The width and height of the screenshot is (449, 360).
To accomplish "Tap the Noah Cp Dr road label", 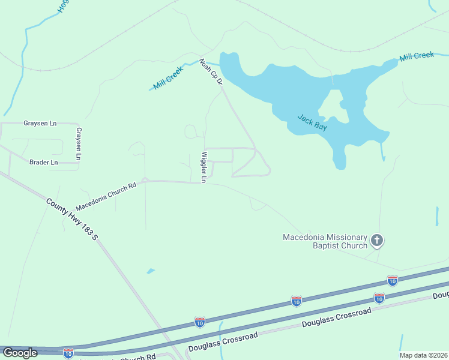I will pyautogui.click(x=211, y=71).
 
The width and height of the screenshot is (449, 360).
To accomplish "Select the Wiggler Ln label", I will pyautogui.click(x=203, y=167).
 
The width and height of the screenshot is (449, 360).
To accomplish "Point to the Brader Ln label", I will pyautogui.click(x=43, y=162).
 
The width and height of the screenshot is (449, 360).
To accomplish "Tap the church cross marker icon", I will pyautogui.click(x=377, y=241).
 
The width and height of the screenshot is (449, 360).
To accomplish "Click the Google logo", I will pyautogui.click(x=20, y=353).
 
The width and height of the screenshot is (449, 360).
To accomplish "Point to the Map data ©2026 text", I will pyautogui.click(x=423, y=355).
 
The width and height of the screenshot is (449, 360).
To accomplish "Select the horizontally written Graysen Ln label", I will pyautogui.click(x=40, y=123).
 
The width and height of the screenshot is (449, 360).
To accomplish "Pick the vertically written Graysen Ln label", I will pyautogui.click(x=78, y=143).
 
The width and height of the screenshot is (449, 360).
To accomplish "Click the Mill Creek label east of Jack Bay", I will pyautogui.click(x=417, y=56).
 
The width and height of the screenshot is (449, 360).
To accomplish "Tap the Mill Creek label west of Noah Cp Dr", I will pyautogui.click(x=167, y=78).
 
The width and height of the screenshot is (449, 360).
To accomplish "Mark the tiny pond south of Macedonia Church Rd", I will pyautogui.click(x=150, y=271).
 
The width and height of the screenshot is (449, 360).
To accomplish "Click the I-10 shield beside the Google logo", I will pyautogui.click(x=68, y=353).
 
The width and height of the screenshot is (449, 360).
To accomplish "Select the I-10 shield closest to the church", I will pyautogui.click(x=392, y=280).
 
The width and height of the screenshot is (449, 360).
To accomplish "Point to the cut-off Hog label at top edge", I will pyautogui.click(x=62, y=6).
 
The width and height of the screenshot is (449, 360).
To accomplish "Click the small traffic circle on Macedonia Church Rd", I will pyautogui.click(x=145, y=179).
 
